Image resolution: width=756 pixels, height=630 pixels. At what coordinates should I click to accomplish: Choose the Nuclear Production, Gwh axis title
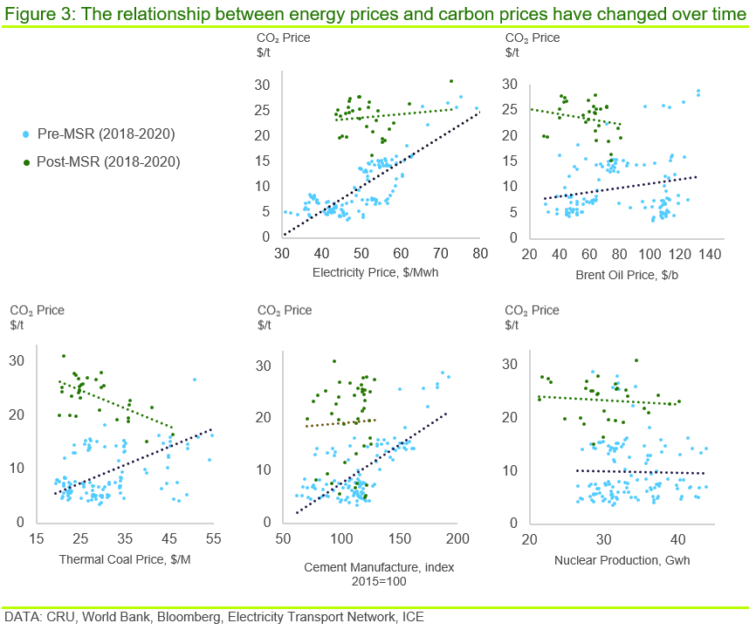coord(622,559)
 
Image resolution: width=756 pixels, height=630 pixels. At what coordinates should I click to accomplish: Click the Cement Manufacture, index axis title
coord(379,567)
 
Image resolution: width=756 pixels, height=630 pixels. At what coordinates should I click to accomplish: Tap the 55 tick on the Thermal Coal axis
coord(213,539)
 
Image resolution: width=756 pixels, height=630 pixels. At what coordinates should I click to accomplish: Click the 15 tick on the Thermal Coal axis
coord(38,539)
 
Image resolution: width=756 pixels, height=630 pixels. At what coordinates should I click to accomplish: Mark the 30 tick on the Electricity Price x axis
coord(282,254)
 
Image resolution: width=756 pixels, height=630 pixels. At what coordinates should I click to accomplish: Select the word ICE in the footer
coord(413,617)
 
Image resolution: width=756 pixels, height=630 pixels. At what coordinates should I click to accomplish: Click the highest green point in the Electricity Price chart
coord(451,81)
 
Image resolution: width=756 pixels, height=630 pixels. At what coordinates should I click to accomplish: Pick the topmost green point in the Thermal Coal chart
coord(64,356)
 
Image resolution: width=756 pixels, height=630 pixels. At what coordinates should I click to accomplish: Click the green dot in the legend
coord(26,161)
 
